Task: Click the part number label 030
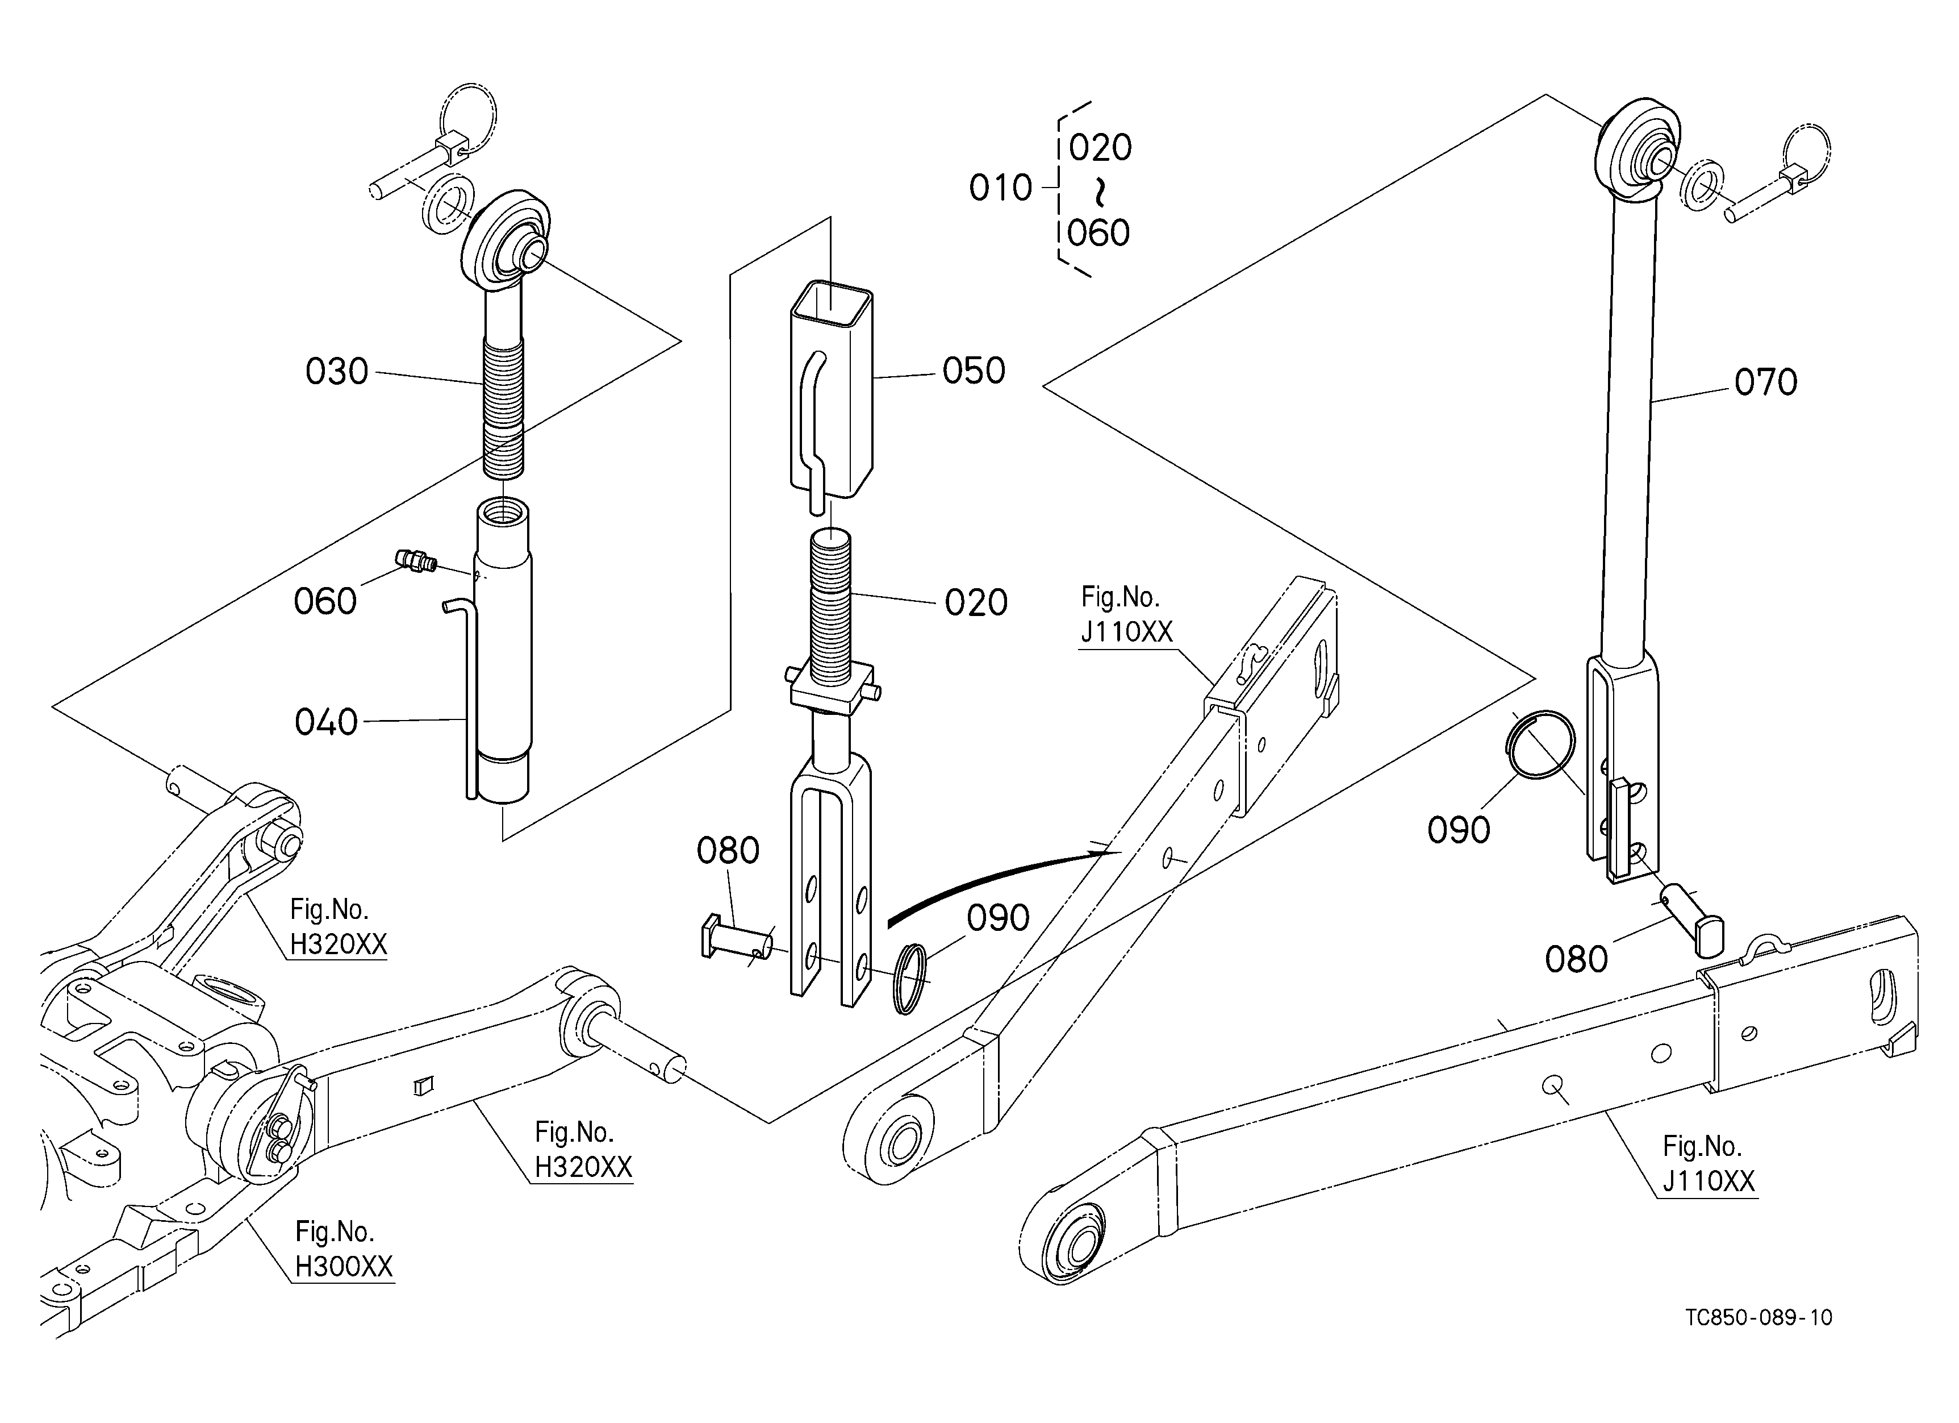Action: click(x=337, y=372)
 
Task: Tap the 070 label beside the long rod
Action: click(x=1765, y=382)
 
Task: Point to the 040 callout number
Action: click(x=325, y=722)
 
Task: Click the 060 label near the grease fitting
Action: click(x=325, y=601)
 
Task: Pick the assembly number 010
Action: click(x=1000, y=188)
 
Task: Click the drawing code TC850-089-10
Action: click(x=1758, y=1318)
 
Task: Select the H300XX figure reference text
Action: click(x=344, y=1267)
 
